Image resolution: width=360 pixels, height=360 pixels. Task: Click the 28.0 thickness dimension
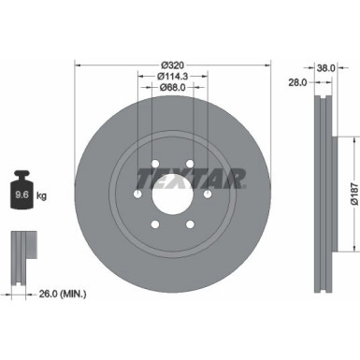click(x=299, y=82)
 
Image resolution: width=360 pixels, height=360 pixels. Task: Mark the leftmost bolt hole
click(x=138, y=194)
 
